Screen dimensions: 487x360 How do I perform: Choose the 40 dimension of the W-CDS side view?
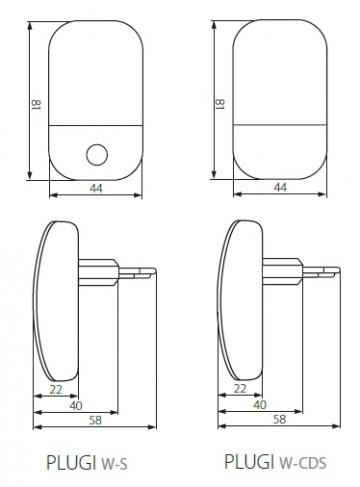(x=260, y=404)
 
